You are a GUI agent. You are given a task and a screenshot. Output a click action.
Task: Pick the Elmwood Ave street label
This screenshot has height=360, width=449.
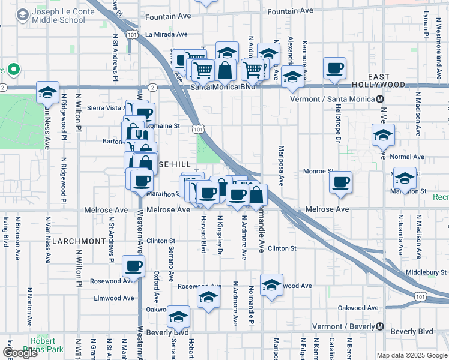[113, 298]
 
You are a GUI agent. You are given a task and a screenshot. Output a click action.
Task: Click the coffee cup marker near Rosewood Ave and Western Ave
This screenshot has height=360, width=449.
[133, 265]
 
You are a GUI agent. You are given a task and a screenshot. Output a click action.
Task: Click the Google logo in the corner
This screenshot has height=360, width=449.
[20, 353]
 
